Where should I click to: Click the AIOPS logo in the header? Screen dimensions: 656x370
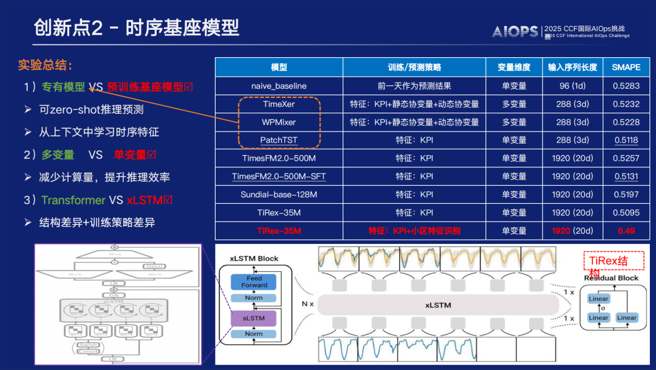coord(514,31)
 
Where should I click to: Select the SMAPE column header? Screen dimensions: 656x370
coord(626,67)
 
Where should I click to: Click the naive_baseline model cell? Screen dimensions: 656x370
coord(279,86)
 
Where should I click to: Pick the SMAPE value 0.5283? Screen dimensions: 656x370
coord(626,86)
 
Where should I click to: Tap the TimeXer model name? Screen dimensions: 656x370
coord(279,104)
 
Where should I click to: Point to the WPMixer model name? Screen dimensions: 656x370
coord(279,122)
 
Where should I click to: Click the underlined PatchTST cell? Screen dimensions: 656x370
coord(279,140)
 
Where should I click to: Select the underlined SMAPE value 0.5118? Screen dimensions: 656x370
coord(626,140)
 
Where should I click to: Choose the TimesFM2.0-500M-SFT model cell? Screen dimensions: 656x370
coord(279,176)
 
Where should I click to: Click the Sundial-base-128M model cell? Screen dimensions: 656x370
coord(279,195)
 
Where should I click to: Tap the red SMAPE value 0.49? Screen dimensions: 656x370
coord(626,231)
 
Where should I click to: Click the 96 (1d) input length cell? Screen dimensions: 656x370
coord(572,86)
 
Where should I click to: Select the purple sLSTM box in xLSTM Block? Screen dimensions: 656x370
coord(253,318)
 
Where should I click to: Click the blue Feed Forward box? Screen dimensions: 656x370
coord(253,282)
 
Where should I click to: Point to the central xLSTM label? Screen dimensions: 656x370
coord(437,305)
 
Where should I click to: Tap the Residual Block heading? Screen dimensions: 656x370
coord(610,278)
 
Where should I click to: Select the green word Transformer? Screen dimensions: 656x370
coord(73,200)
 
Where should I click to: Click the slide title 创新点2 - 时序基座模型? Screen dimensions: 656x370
coord(136,28)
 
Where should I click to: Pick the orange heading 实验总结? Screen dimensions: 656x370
coord(45,65)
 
